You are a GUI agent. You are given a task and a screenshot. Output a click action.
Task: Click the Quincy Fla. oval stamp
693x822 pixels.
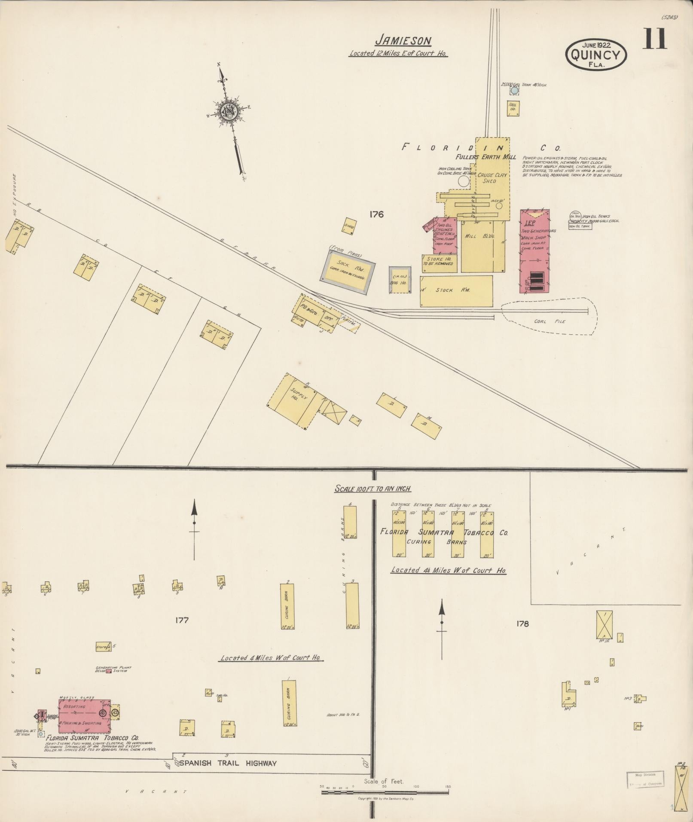point(596,55)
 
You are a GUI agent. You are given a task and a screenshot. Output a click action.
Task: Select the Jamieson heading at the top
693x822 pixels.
point(403,41)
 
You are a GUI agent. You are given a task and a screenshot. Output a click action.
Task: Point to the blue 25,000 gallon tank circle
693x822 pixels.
point(514,91)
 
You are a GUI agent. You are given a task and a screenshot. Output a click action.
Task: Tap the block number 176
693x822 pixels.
point(376,214)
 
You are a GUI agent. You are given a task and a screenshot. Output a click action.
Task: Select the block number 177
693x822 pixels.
point(182,620)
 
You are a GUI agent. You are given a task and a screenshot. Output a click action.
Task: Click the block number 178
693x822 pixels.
point(522,623)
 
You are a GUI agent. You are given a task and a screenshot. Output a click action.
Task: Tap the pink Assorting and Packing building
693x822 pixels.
point(84,715)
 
